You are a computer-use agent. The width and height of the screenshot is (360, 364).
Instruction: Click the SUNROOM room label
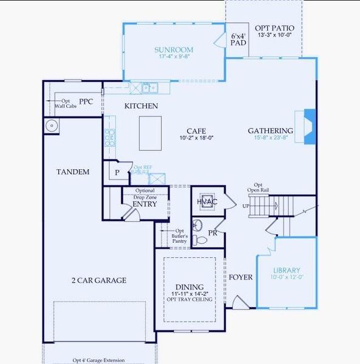(173, 50)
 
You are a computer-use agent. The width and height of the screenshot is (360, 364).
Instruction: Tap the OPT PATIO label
(274, 29)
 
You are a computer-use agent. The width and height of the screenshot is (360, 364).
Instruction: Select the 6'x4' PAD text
(238, 40)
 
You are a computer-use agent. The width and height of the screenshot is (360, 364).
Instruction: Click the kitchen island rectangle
(150, 133)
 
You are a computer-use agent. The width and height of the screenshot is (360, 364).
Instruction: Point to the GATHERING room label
(270, 130)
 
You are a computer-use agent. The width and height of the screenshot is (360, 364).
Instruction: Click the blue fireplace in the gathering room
(309, 127)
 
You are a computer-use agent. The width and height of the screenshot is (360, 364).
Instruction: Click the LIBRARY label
(286, 271)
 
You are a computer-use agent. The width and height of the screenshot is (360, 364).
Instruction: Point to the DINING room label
(189, 287)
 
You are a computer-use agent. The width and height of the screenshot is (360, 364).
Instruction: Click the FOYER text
(240, 277)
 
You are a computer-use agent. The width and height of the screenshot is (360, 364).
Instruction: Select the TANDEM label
(73, 172)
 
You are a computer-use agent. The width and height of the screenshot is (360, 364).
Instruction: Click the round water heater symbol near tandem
(51, 126)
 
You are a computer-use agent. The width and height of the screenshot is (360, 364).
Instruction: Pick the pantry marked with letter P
(117, 172)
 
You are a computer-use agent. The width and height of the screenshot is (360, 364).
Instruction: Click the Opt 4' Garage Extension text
(98, 360)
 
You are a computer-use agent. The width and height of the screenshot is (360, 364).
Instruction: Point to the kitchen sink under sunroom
(149, 88)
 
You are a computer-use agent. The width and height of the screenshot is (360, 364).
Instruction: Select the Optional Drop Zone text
(144, 194)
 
